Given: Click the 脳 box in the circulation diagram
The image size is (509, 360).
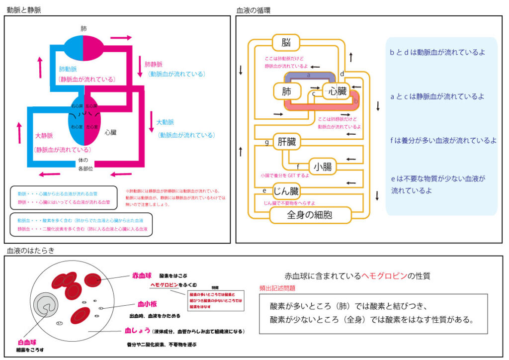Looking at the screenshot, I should (285, 42).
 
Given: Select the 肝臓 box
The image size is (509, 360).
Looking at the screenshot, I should (287, 142).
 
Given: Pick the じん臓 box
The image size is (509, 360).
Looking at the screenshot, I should (287, 191).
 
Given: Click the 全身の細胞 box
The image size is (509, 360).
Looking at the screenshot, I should (310, 215).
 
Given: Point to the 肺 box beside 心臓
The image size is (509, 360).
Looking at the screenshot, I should (287, 91).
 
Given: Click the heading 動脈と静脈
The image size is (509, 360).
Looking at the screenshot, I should (24, 9).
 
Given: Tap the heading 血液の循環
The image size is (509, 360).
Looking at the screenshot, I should (254, 9).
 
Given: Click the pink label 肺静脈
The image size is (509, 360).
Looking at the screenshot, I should (154, 64).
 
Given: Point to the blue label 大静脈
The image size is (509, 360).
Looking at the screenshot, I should (44, 135).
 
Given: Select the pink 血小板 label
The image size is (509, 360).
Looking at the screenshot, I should (148, 304).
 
